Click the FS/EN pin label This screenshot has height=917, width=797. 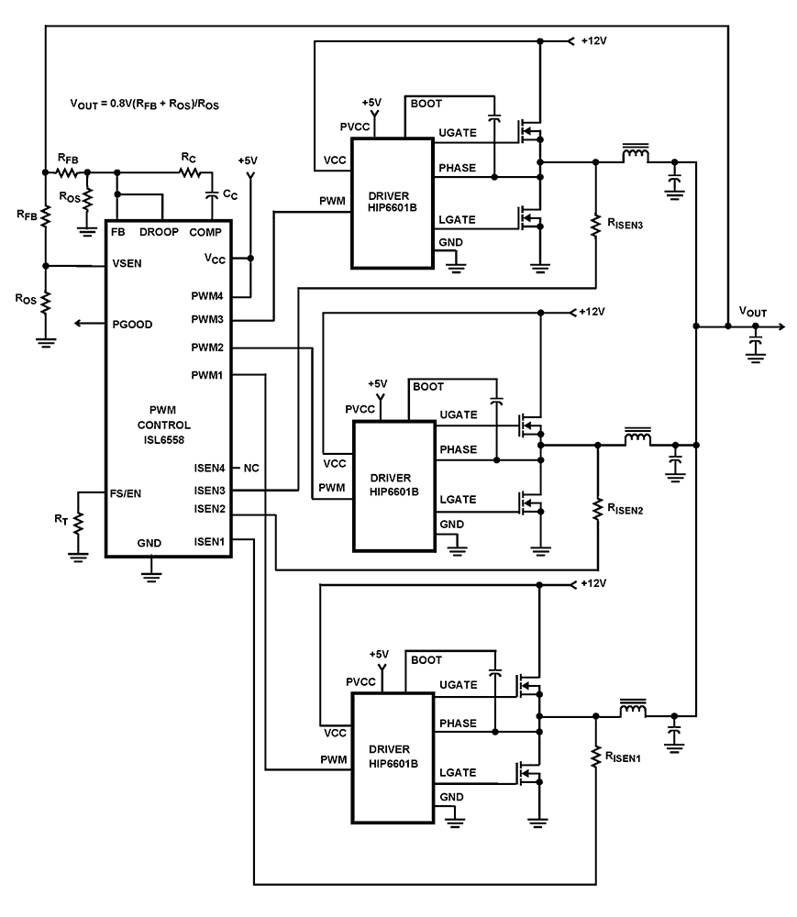coord(127,492)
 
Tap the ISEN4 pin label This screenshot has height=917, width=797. coord(210,468)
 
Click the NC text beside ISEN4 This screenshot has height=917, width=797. coord(251,468)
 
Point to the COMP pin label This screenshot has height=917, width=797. coord(206,232)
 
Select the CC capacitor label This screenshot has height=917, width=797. coord(230,194)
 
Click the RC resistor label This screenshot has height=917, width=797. coord(188,158)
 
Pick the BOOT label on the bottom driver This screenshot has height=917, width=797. coord(426,659)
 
